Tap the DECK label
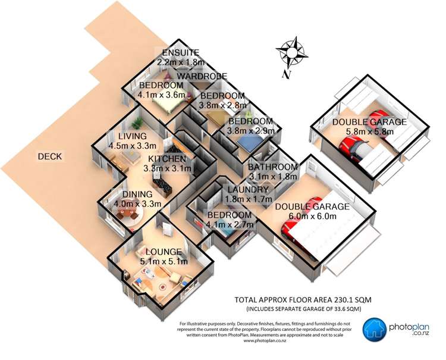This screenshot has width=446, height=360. [50, 156]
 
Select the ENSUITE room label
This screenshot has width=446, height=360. [181, 52]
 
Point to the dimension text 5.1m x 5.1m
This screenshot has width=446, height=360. [164, 261]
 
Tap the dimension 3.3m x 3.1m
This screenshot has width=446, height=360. [168, 168]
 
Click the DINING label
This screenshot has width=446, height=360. [137, 194]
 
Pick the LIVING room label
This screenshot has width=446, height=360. [133, 136]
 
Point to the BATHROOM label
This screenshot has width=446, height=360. [272, 167]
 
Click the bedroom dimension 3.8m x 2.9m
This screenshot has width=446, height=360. [251, 130]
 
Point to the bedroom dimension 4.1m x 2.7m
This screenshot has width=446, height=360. [229, 224]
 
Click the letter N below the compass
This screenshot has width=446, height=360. [287, 75]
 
